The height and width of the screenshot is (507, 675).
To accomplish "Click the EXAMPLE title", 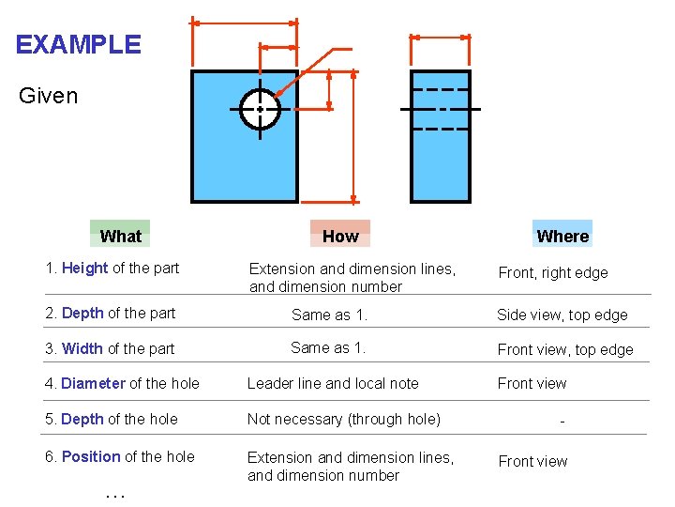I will click(78, 44).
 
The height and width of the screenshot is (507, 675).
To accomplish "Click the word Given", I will click(48, 96).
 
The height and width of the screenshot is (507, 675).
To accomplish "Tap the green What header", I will click(120, 236).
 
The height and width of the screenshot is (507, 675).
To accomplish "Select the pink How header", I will click(340, 236).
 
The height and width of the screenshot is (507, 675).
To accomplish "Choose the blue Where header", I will click(562, 236).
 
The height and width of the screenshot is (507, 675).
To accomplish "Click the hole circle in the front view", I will click(260, 110).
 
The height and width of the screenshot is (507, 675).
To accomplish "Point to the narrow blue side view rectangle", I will click(441, 160).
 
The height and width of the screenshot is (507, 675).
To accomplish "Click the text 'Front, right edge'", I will click(552, 273).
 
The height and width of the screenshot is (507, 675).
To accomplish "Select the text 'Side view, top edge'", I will click(562, 315).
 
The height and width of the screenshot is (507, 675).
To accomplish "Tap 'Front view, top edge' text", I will click(565, 350).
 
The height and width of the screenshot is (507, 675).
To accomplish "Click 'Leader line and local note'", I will click(333, 383).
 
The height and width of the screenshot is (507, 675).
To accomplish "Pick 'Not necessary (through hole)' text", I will click(343, 419).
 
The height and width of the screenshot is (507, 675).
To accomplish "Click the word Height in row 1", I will click(84, 269).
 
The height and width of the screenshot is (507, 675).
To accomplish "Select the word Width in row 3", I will click(82, 349).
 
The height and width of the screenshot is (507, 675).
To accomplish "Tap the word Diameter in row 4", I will click(93, 383).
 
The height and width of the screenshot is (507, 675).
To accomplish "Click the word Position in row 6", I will click(90, 456).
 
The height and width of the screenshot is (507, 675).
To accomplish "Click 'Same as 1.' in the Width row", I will click(327, 347).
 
